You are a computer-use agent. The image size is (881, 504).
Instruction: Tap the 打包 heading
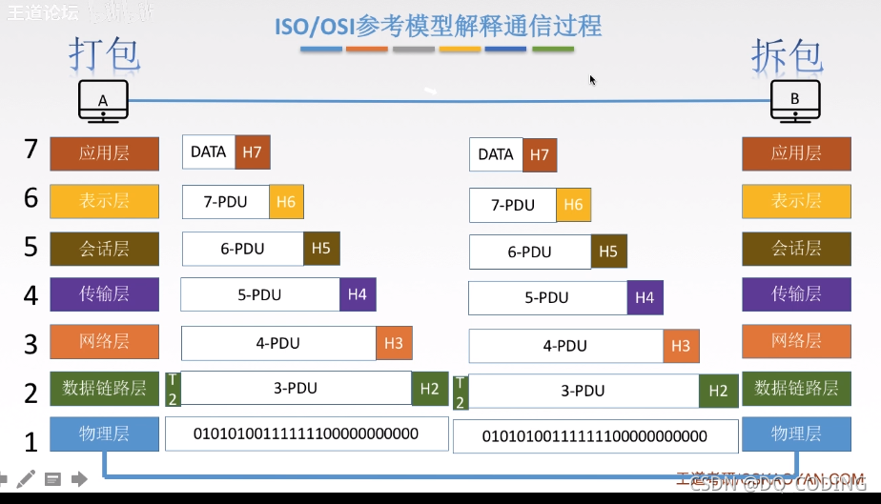point(105,54)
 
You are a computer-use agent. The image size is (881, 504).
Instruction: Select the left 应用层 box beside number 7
point(104,152)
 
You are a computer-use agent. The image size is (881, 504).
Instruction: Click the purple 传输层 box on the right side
point(796,294)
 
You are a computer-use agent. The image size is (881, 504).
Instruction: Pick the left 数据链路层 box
point(104,388)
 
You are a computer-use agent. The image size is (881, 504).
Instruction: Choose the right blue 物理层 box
point(796,433)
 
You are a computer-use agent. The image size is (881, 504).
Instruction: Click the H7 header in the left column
point(252,152)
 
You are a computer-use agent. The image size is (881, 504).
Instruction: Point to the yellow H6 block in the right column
point(573,205)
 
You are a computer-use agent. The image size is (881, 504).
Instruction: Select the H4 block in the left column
point(358,294)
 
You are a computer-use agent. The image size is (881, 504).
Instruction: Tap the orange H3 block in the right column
point(680,346)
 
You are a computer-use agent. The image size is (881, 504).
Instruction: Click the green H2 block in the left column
point(429,388)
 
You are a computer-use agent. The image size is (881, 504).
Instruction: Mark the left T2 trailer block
point(173,389)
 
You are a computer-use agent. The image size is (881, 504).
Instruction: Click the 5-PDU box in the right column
point(547,298)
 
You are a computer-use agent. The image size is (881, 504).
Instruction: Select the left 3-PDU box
point(296,388)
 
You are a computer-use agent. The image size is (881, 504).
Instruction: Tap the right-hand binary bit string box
point(595,436)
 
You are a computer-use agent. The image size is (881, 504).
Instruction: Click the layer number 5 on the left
point(31,248)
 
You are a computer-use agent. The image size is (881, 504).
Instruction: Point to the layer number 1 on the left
point(31,442)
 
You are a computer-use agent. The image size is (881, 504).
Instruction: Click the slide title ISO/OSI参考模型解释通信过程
point(439,25)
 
